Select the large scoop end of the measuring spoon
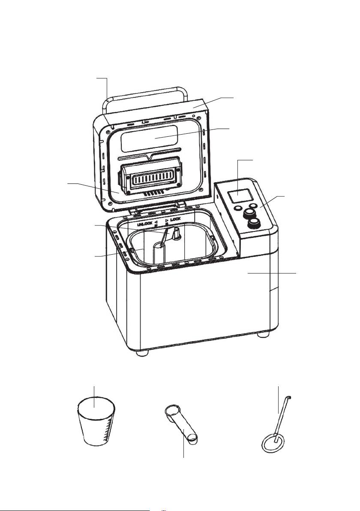click(172, 411)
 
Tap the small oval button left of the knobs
click(238, 207)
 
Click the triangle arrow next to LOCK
click(167, 221)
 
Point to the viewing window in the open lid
click(150, 139)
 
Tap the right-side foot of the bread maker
click(263, 335)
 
